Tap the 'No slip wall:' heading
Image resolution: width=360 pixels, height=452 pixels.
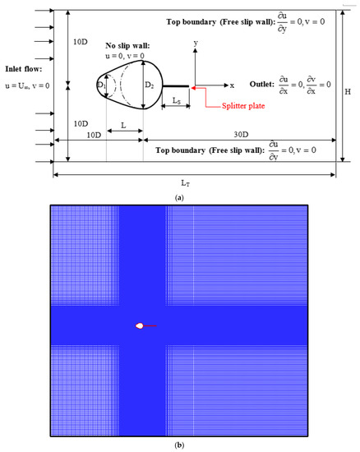coord(127,46)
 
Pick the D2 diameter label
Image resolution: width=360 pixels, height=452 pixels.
coord(149,84)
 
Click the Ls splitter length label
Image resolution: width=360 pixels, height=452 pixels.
coord(178,100)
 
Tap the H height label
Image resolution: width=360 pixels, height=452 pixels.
coord(348,92)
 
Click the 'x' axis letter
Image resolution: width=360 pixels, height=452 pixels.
coord(232,85)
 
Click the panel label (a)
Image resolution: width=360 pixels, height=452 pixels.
coord(179,196)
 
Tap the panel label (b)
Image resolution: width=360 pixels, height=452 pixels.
coord(179,445)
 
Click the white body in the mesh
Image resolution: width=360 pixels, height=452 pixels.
coord(140,326)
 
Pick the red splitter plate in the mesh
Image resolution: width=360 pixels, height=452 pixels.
coord(150,326)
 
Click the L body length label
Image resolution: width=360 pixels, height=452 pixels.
coord(123,126)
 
